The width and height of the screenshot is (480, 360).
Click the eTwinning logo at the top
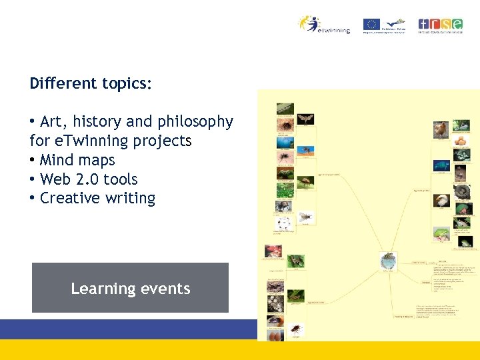tap(324, 25)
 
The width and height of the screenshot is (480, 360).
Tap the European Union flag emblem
tap(371, 25)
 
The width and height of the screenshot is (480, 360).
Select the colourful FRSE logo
tap(440, 25)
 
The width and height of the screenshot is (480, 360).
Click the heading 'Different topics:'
tap(91, 84)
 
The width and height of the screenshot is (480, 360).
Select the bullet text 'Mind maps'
tap(77, 161)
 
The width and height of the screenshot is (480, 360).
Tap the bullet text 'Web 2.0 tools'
tap(89, 179)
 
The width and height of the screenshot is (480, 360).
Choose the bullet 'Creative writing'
tap(97, 199)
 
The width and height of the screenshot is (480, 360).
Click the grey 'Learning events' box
tap(130, 288)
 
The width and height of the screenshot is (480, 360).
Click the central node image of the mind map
tap(387, 261)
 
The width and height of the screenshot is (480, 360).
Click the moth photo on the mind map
tap(305, 120)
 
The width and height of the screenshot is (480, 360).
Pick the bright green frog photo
tap(441, 234)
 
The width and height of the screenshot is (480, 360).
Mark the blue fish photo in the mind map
tap(440, 165)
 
